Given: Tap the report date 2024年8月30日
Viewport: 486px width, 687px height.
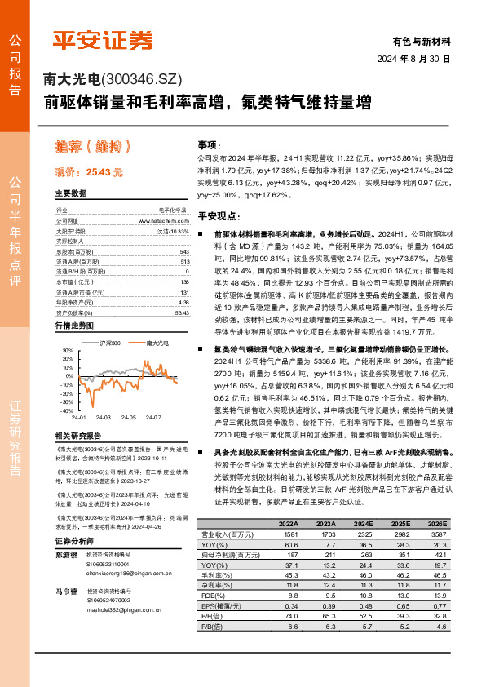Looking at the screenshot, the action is coord(413,60).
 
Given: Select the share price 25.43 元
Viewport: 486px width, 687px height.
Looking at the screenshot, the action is coord(104,172).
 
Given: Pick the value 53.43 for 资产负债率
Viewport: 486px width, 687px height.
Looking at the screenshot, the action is coord(182,312).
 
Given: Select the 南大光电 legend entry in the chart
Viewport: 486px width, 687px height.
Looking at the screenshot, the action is coord(156,343).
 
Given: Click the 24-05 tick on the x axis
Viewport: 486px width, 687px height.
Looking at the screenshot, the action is coord(128,417).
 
